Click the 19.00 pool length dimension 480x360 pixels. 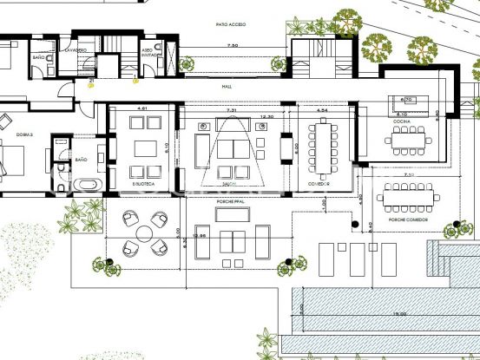point(400,315)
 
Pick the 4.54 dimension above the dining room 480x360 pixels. point(322,111)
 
